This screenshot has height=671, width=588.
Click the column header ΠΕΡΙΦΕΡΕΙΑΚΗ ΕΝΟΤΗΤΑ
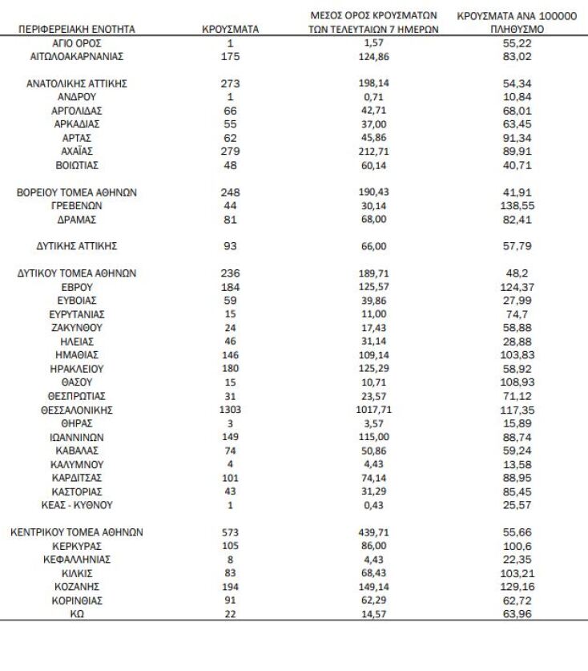click(x=77, y=29)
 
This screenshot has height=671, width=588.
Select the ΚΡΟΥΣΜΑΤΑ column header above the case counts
click(x=231, y=29)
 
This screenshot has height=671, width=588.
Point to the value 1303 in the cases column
click(x=231, y=410)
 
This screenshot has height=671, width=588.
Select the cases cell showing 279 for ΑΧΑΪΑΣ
click(x=231, y=151)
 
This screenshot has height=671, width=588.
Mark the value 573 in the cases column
click(x=231, y=532)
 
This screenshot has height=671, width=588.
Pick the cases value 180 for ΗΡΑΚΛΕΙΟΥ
click(x=231, y=369)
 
